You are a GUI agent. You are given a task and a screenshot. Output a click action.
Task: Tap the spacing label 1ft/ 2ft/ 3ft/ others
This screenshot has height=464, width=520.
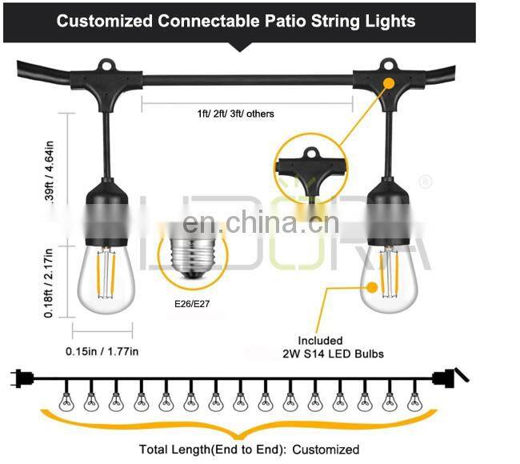[235, 114]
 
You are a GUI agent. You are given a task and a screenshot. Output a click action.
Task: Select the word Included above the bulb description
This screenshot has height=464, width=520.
[320, 341]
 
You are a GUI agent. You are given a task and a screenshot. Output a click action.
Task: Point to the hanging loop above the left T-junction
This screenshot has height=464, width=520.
[104, 65]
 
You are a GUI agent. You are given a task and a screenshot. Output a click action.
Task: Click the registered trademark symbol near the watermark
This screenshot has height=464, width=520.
[426, 182]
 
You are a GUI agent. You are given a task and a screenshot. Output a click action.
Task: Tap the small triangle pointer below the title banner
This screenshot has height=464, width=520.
[239, 48]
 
